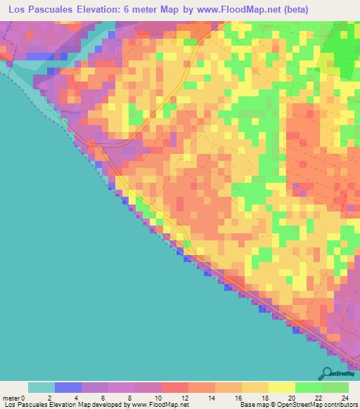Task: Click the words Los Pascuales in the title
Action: tap(36, 9)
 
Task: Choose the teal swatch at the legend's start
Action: tap(41, 387)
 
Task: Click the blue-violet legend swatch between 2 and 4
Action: tap(68, 387)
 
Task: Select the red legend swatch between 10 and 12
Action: tap(175, 387)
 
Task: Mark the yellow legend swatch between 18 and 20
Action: tap(281, 387)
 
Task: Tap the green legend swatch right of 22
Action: tap(335, 387)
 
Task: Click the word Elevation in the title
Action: tap(100, 9)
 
